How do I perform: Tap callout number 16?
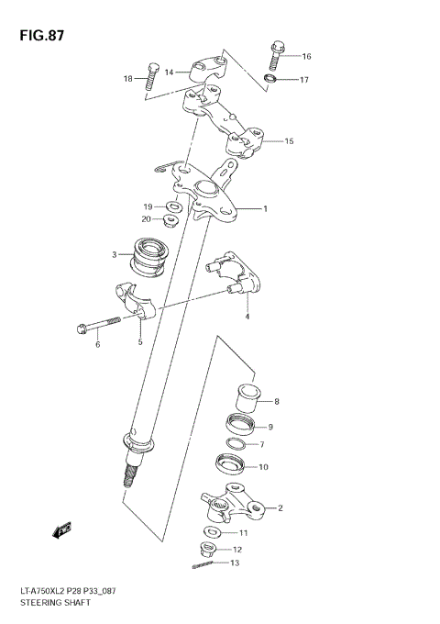(306, 57)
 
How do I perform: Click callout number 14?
(170, 71)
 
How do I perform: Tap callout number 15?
(289, 141)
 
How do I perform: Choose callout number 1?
(265, 209)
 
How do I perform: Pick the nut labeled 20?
(171, 220)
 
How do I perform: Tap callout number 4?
(247, 317)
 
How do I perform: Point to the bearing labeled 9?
(242, 426)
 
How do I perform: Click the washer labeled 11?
(213, 532)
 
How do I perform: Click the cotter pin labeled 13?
(205, 565)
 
